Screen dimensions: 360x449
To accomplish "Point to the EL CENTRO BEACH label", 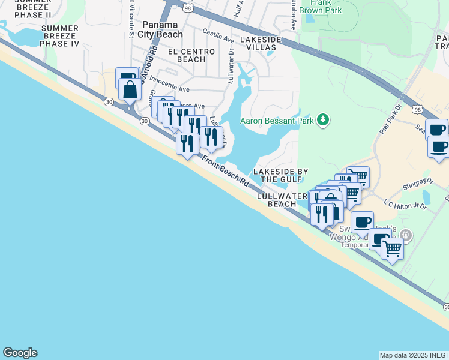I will tap(191, 55).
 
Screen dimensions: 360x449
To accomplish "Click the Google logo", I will tap(20, 353).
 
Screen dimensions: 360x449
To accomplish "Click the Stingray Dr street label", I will tap(418, 182).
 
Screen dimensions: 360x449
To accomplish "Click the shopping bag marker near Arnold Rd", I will tap(130, 91).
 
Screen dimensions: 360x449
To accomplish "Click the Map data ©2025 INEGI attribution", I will tap(414, 355).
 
